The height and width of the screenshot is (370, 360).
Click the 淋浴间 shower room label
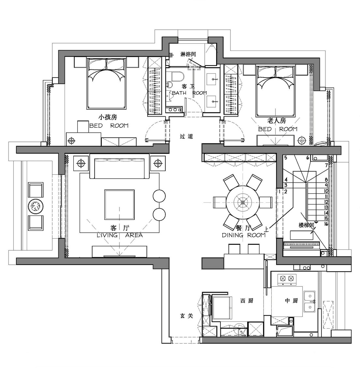188,54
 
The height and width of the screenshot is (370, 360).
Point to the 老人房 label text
277,121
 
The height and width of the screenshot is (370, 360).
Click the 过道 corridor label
187,136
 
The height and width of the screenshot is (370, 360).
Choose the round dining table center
242,202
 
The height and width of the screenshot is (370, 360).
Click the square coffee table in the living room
119,205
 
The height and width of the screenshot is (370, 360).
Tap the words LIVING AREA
120,235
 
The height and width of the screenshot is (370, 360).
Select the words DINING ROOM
244,235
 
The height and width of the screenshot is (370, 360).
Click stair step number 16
326,224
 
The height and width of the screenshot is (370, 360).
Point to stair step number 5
286,158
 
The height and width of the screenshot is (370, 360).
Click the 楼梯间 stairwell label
306,225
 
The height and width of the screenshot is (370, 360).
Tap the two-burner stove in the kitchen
287,279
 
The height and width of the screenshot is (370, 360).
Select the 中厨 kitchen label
292,301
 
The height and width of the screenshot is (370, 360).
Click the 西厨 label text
247,301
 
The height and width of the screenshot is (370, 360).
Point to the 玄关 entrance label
187,316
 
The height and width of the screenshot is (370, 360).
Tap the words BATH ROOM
189,93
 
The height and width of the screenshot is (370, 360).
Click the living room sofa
119,166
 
